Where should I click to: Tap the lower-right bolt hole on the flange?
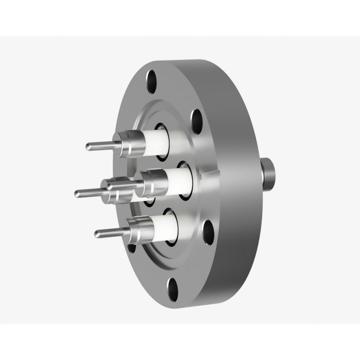(x=208, y=232)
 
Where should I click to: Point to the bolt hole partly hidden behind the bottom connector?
(x=131, y=247)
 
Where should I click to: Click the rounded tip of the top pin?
(x=89, y=146)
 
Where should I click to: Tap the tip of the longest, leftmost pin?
(x=77, y=193)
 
